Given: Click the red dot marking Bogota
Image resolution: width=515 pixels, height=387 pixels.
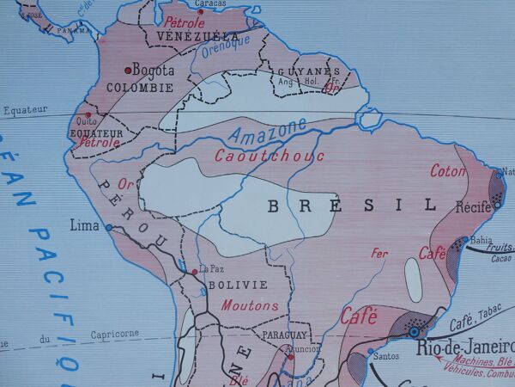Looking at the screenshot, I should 129,70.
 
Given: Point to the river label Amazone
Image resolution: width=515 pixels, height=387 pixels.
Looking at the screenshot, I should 268,132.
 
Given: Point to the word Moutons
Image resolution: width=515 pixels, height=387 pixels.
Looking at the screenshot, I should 250,305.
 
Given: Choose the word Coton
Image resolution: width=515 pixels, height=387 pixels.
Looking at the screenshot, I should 448,170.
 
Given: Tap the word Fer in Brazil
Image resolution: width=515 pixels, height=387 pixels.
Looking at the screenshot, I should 379,253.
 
